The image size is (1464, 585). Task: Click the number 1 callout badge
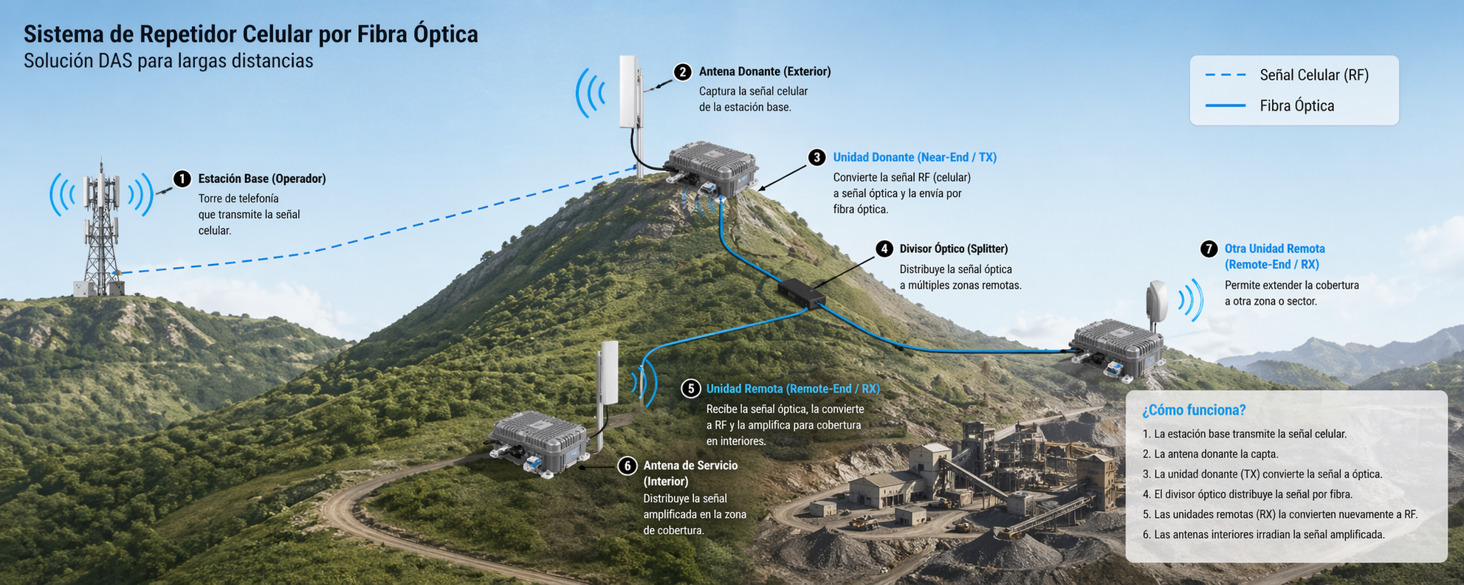(182, 179)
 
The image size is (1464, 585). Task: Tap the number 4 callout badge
(884, 249)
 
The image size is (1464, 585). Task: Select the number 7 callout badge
(1209, 249)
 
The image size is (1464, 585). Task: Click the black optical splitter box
(801, 293)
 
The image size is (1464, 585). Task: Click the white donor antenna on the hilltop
(630, 92)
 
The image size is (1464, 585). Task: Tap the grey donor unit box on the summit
(712, 168)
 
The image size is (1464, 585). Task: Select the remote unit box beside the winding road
(540, 441)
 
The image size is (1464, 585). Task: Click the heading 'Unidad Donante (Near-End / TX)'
(914, 157)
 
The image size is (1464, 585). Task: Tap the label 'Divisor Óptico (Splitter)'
(953, 249)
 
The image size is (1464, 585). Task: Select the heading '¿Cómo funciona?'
(1194, 410)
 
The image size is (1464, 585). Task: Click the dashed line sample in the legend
(1226, 75)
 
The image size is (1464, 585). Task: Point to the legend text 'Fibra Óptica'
(1296, 106)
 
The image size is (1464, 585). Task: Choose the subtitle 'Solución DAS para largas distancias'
(168, 60)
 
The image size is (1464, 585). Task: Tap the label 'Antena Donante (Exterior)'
(764, 72)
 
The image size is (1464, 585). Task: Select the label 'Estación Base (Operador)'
(261, 179)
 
